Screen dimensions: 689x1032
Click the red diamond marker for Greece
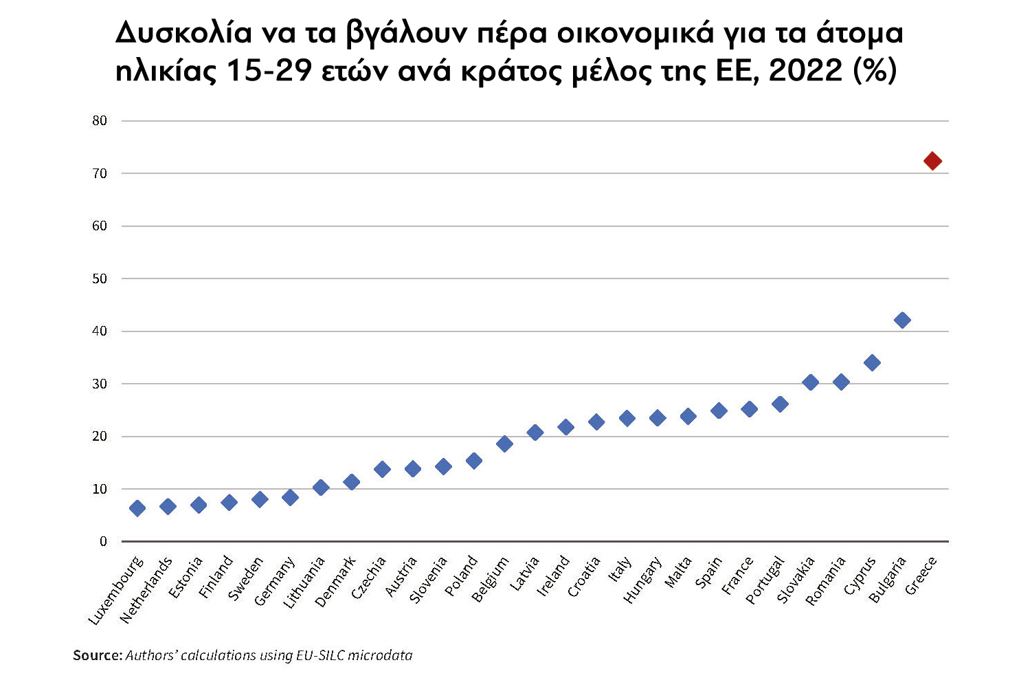[x=932, y=161]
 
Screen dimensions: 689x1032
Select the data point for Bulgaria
[x=902, y=320]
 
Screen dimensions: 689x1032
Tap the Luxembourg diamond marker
[x=137, y=508]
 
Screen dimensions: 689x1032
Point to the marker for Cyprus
[x=872, y=362]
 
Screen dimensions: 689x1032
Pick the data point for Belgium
[x=504, y=444]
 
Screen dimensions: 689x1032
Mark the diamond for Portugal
[x=780, y=404]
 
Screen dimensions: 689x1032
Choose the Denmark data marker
[x=351, y=482]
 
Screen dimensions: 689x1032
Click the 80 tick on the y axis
[x=100, y=121]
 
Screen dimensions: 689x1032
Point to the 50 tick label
[x=100, y=278]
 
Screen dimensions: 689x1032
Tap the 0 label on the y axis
[x=103, y=541]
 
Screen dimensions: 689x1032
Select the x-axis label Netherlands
[x=146, y=590]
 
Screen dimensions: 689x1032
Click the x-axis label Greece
[x=921, y=576]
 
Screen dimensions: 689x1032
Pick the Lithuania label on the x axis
[x=304, y=582]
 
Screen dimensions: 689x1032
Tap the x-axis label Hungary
[x=642, y=580]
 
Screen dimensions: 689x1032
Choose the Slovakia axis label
[x=796, y=580]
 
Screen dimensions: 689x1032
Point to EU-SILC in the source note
[x=320, y=655]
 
